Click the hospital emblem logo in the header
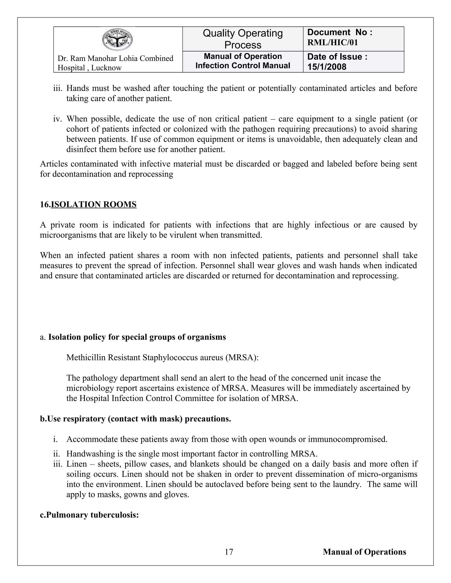tap(117, 40)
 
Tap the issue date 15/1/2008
tap(327, 67)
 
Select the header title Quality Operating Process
tap(243, 39)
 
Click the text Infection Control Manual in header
tap(243, 66)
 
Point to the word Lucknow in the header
tap(106, 68)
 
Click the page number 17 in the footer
tap(229, 552)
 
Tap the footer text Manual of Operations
tap(364, 552)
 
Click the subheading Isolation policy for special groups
tap(137, 337)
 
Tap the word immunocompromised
tap(347, 439)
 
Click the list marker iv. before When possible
tap(58, 119)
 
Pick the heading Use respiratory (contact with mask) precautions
tap(135, 419)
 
